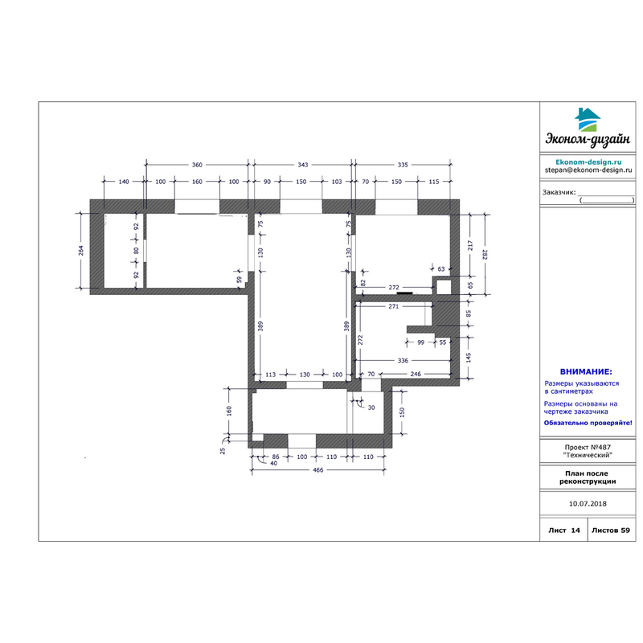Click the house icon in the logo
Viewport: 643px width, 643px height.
pos(588,120)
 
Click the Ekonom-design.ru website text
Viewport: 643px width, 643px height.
pos(588,162)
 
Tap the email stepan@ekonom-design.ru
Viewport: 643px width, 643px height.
pos(588,170)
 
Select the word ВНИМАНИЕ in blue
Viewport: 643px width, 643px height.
pos(586,372)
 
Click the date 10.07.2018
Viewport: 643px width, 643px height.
pos(588,504)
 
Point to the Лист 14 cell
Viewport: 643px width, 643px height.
pos(564,530)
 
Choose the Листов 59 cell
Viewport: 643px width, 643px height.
pos(611,530)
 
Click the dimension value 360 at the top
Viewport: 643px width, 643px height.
pos(197,165)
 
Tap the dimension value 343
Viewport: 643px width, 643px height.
pos(303,165)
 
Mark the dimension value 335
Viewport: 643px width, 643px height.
pos(403,165)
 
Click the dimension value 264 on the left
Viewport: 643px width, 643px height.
pos(81,251)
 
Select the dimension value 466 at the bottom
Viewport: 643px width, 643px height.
pos(318,470)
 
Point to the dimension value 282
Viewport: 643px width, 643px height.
pos(485,255)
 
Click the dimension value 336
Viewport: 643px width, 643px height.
pos(403,360)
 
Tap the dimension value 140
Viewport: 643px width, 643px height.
pos(124,182)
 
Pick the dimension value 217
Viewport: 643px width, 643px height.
pos(470,246)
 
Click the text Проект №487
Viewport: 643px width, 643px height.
pos(588,448)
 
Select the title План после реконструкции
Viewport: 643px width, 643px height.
pos(588,477)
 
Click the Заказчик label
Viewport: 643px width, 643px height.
pos(559,192)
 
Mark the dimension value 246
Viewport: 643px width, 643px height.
pos(416,374)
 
